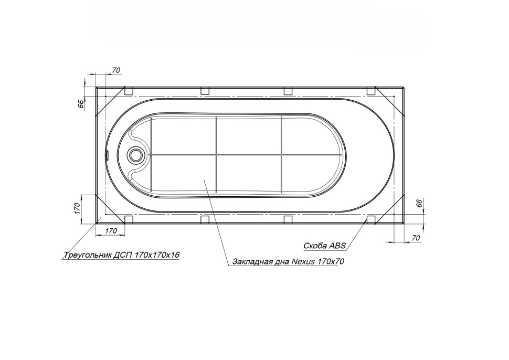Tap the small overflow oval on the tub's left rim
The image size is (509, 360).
(x=107, y=155)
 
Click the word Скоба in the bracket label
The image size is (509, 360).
(x=315, y=246)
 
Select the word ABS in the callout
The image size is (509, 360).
(x=337, y=246)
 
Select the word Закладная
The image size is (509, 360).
(x=248, y=262)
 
